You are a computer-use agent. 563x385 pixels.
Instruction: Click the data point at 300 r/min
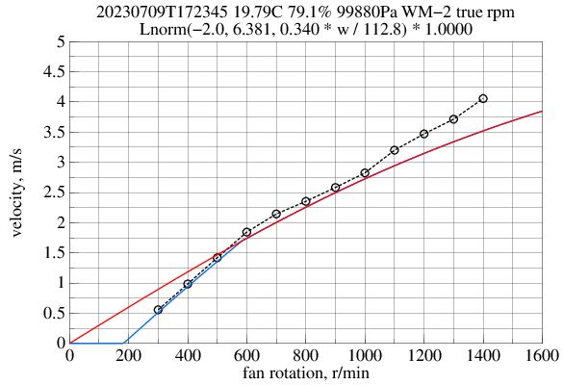pyautogui.click(x=158, y=310)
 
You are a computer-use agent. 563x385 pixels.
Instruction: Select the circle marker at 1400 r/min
pyautogui.click(x=483, y=98)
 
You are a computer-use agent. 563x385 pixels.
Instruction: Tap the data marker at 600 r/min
pyautogui.click(x=246, y=232)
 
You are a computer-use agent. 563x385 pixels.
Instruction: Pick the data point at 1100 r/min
pyautogui.click(x=395, y=150)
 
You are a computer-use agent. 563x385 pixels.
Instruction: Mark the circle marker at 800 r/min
pyautogui.click(x=306, y=201)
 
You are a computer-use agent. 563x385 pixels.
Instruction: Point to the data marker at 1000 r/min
pyautogui.click(x=365, y=173)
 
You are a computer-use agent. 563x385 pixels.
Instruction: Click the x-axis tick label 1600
pyautogui.click(x=542, y=355)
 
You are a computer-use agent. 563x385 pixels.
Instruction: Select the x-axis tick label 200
pyautogui.click(x=128, y=355)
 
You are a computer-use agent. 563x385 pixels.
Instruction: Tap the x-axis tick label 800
pyautogui.click(x=305, y=355)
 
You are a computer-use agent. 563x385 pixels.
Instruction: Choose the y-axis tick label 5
pyautogui.click(x=60, y=41)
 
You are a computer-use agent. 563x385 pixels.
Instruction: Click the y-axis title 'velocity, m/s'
pyautogui.click(x=17, y=192)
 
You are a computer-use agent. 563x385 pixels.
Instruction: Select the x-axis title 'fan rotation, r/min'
pyautogui.click(x=305, y=372)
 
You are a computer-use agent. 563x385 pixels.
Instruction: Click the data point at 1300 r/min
pyautogui.click(x=453, y=119)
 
